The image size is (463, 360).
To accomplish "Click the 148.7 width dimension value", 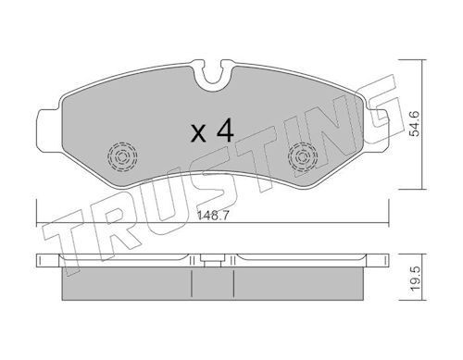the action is click(213, 216).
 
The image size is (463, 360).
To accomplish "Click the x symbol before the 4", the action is click(198, 133).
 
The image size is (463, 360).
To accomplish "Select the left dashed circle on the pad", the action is click(122, 156).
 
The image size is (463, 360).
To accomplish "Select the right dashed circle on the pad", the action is click(303, 156).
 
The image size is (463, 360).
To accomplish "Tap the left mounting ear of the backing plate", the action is click(48, 130).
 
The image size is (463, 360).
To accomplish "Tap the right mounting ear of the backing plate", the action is click(377, 130).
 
